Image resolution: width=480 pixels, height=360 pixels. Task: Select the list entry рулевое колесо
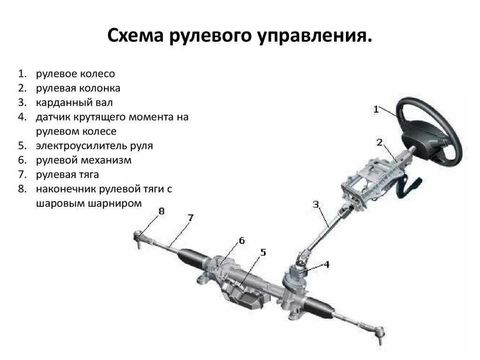coord(75,74)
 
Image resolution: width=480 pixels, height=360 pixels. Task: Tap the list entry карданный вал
coord(74,102)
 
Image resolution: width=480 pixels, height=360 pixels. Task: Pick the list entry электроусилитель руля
coord(94,145)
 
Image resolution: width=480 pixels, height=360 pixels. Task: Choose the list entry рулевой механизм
coord(83,160)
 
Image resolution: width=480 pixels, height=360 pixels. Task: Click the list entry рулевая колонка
coord(78,88)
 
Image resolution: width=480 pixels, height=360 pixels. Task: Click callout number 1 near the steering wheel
coord(376,109)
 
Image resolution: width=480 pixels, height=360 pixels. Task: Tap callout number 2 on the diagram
coord(379,142)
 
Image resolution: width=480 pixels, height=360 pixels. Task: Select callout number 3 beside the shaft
coord(316,204)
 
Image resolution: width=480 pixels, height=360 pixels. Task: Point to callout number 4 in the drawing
coord(326,264)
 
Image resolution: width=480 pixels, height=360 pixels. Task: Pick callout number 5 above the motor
coord(262,253)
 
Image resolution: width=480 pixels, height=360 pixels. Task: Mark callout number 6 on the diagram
coord(241,240)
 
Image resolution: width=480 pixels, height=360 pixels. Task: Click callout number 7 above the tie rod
coord(190,217)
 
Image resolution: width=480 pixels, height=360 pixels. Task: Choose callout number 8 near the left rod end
coord(161,211)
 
